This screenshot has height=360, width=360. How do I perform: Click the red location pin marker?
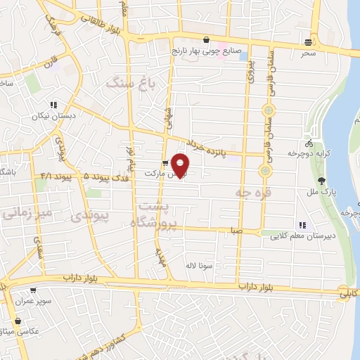click(x=181, y=164)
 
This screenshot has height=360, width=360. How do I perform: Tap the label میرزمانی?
click(x=27, y=211)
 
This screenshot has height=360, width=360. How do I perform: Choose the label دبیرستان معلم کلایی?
click(x=301, y=237)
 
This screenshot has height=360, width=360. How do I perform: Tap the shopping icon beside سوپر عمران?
click(x=32, y=290)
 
